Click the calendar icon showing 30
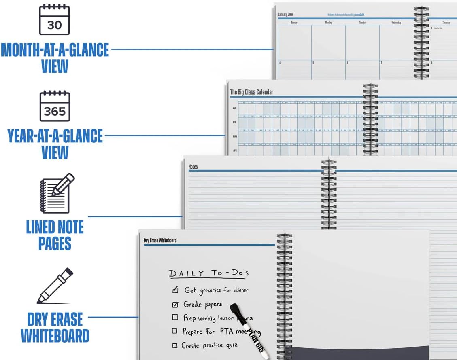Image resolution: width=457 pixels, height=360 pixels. [x=54, y=20]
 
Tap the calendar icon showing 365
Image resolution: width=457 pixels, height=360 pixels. [x=55, y=106]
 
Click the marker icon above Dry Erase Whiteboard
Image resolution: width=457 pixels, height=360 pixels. [x=55, y=286]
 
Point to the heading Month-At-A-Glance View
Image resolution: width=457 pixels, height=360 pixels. [x=55, y=58]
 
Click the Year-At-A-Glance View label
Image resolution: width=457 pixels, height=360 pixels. [x=55, y=144]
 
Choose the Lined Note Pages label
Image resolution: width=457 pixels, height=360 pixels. [x=55, y=235]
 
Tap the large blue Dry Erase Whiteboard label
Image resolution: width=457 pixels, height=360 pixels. [x=55, y=328]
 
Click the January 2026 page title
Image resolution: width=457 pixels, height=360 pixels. [x=286, y=15]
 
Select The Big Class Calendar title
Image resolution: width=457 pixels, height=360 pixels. [x=251, y=92]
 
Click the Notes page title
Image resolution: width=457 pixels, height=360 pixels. [x=193, y=167]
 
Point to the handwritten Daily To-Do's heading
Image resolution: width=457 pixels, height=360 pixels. [x=208, y=273]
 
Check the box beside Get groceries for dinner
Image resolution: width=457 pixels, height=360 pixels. [x=175, y=290]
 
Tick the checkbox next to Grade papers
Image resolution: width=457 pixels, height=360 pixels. [x=175, y=305]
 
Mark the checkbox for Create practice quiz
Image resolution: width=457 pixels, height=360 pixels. [x=175, y=345]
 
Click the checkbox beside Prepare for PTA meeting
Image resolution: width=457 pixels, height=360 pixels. [x=174, y=331]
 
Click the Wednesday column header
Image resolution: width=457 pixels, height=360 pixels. [x=396, y=23]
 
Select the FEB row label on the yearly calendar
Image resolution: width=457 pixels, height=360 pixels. [x=234, y=122]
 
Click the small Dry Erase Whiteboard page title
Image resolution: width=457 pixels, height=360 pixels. [x=160, y=240]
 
